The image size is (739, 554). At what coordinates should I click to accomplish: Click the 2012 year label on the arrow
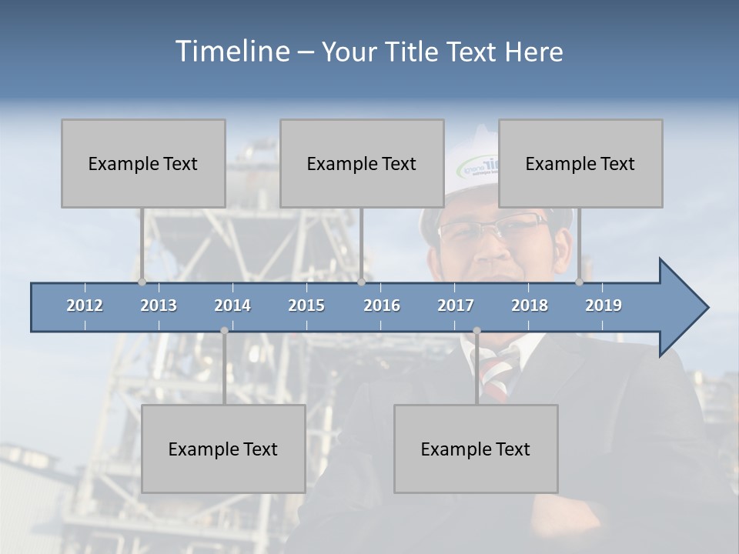click(85, 305)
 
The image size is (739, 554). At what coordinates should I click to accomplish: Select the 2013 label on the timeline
click(159, 305)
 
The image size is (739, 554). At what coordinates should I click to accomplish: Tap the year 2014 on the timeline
click(232, 305)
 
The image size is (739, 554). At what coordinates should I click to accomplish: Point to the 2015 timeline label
click(306, 305)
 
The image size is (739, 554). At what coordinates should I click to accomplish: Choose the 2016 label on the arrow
click(382, 305)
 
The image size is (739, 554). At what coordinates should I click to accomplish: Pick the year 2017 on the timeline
click(456, 305)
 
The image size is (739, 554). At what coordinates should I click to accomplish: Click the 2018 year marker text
click(530, 305)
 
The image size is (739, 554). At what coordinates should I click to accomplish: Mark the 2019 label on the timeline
click(604, 305)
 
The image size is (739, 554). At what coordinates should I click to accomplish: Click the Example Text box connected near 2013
click(143, 163)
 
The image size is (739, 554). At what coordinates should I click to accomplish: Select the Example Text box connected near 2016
click(362, 163)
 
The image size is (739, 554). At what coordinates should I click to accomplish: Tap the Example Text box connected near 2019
click(580, 163)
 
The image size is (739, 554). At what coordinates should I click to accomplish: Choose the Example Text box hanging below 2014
click(223, 449)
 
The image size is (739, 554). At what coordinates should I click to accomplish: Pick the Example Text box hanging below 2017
click(476, 449)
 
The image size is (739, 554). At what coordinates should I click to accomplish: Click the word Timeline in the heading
click(232, 52)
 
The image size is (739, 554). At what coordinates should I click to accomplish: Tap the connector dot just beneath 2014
click(224, 331)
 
